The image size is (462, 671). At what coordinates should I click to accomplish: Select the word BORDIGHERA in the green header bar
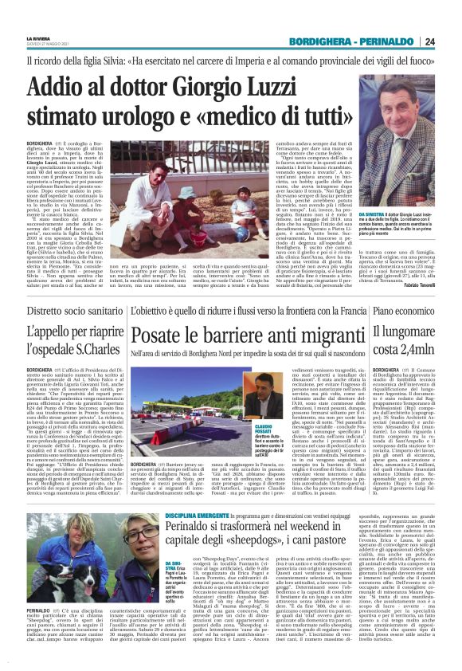click(x=319, y=41)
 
